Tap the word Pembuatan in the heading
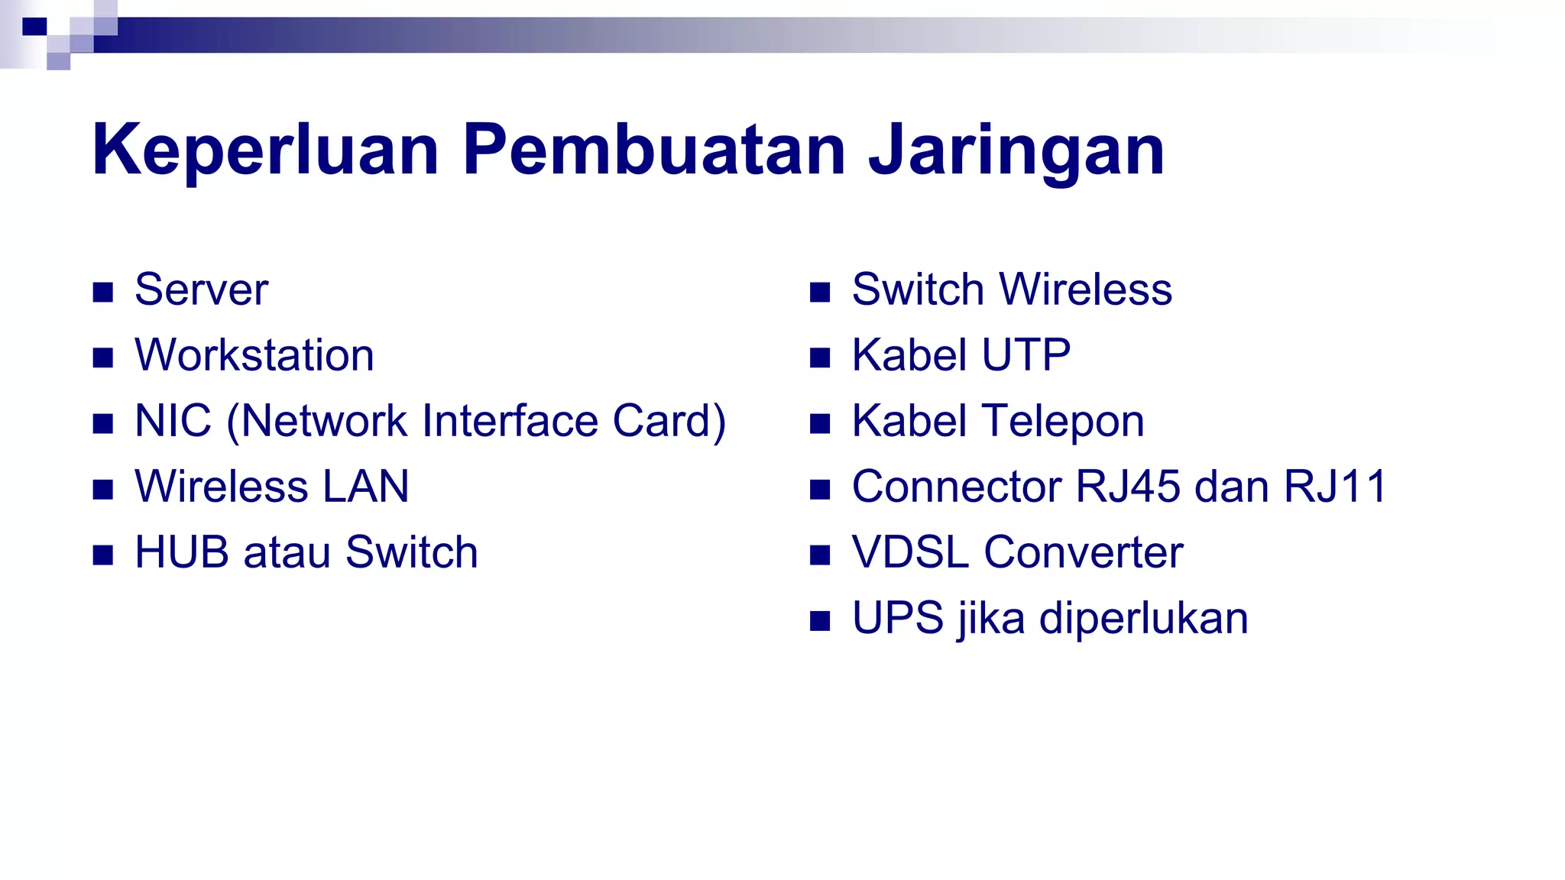click(x=654, y=150)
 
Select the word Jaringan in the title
click(x=1016, y=151)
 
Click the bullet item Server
click(x=201, y=290)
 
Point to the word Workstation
click(x=254, y=355)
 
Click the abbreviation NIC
click(x=173, y=421)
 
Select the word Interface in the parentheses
click(x=510, y=421)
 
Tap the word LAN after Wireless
click(x=365, y=487)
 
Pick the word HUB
click(x=181, y=552)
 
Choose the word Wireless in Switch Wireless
click(x=1085, y=290)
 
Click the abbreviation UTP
click(x=1026, y=355)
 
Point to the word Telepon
click(x=1063, y=421)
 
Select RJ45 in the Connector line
click(x=1127, y=487)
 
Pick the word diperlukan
click(x=1143, y=618)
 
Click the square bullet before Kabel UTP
click(x=820, y=357)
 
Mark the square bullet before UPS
click(x=820, y=620)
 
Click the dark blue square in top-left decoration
click(x=34, y=27)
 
